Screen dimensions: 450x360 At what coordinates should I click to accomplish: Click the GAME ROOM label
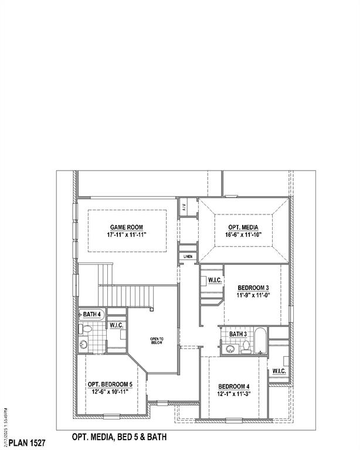click(126, 227)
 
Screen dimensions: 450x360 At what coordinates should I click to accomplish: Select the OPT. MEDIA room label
click(243, 227)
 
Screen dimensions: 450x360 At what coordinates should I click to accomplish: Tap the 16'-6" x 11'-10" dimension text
click(243, 234)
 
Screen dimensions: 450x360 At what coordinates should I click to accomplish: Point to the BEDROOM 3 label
click(253, 288)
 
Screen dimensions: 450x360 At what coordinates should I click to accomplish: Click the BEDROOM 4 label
click(234, 386)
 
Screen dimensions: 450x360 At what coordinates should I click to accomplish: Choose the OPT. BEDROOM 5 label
click(110, 384)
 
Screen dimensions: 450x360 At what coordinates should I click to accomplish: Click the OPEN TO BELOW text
click(157, 342)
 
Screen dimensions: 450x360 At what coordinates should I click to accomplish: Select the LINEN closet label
click(188, 257)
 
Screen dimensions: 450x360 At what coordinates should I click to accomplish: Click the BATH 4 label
click(92, 315)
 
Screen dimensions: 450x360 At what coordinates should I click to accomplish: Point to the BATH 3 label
click(238, 334)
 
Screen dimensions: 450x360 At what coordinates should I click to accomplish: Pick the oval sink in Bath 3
click(229, 349)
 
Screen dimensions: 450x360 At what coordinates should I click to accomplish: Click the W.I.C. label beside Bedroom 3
click(215, 280)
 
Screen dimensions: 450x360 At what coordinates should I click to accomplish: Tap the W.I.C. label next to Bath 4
click(116, 325)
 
